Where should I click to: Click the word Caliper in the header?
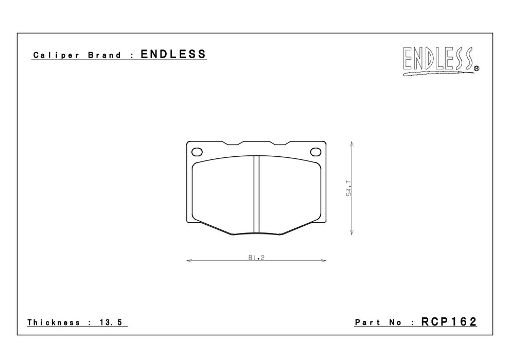pos(56,55)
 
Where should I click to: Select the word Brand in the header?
pos(104,55)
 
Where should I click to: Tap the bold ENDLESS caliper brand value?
pos(173,54)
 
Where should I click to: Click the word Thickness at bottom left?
pos(54,322)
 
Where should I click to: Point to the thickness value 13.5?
pos(111,322)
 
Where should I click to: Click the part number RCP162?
pos(449,321)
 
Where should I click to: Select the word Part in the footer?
pos(367,322)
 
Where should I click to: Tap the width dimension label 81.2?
pos(256,257)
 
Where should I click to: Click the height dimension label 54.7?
pos(349,188)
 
